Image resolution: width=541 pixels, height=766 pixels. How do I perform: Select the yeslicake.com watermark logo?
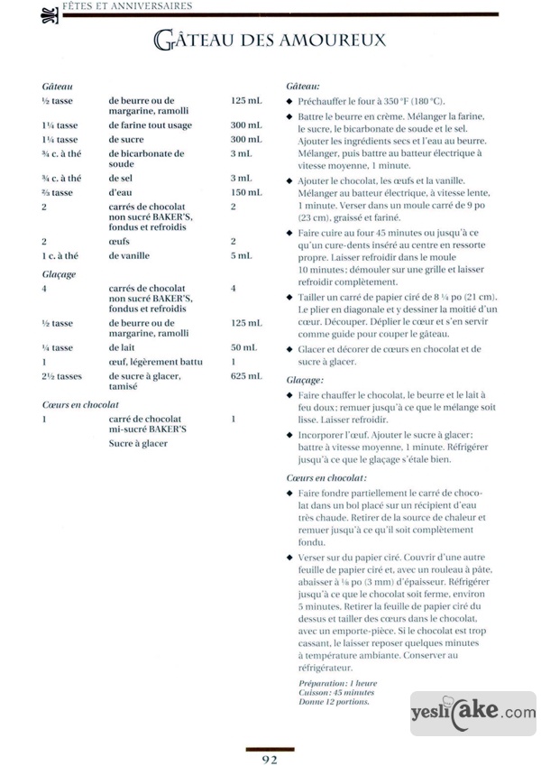pos(472,712)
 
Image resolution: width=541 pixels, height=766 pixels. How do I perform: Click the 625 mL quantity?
pos(244,376)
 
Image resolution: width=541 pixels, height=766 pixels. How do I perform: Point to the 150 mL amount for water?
pos(245,192)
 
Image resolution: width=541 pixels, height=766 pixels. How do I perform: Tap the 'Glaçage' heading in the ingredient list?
pos(59,272)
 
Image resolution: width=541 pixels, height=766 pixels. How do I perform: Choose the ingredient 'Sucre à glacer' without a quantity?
pos(138,443)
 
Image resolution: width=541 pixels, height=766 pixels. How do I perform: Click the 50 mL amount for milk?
pos(243,347)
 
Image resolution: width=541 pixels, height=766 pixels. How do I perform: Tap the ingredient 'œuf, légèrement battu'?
pos(155,362)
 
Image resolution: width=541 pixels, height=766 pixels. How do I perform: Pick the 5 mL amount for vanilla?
pos(243,255)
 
